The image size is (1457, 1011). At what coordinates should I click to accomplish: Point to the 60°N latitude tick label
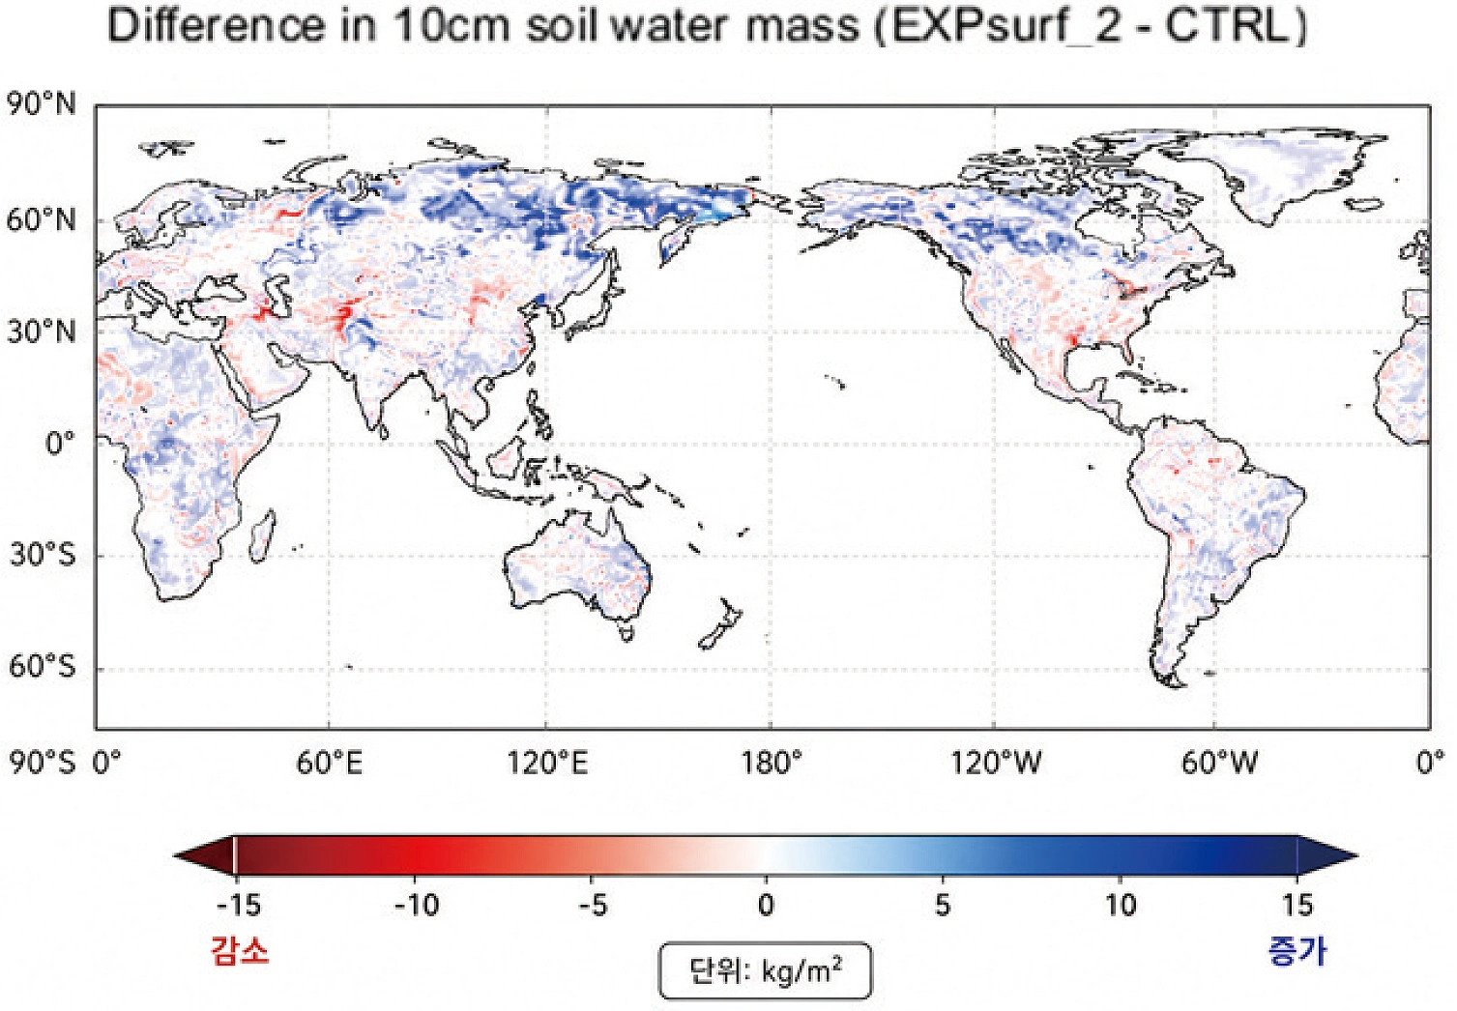coord(41,221)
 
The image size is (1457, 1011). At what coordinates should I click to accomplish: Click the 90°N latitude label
coord(41,104)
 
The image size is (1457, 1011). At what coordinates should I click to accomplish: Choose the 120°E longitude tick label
coord(546,762)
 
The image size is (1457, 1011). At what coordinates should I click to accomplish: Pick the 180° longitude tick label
coord(771,762)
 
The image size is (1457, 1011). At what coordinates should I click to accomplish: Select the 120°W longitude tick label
coord(995,762)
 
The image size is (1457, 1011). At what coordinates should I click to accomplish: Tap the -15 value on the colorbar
coord(238,905)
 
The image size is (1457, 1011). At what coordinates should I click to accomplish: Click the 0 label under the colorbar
coord(767,905)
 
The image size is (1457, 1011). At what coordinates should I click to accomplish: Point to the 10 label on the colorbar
coord(1121,905)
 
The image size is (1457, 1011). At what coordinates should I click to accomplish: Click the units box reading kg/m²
coord(765,970)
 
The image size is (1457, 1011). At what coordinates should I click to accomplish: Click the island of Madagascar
coord(262,535)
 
